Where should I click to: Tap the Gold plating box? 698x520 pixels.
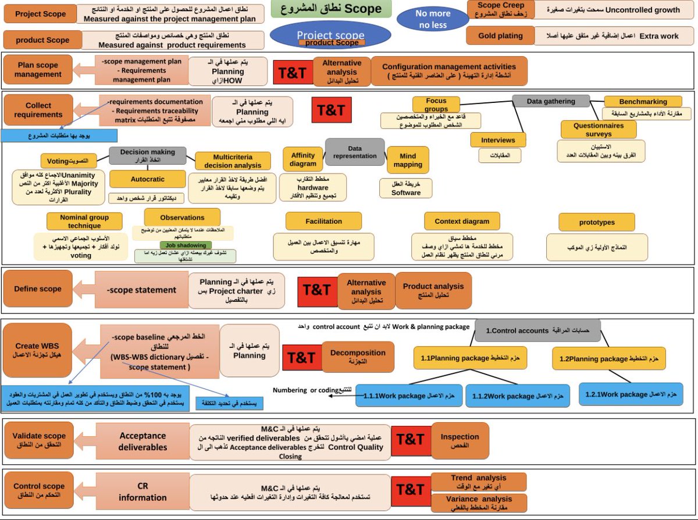[500, 35]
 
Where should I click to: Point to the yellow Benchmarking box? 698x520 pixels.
[643, 101]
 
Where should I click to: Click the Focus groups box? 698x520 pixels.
[436, 105]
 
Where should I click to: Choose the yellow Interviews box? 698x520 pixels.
[498, 140]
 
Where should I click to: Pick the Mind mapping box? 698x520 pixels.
[408, 161]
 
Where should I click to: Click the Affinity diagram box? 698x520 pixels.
[303, 159]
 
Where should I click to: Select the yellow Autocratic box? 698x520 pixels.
[147, 179]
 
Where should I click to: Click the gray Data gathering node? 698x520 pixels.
[550, 101]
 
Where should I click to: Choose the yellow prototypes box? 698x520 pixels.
[597, 222]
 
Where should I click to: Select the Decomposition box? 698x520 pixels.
[358, 357]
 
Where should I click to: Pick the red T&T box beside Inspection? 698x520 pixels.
[411, 440]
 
